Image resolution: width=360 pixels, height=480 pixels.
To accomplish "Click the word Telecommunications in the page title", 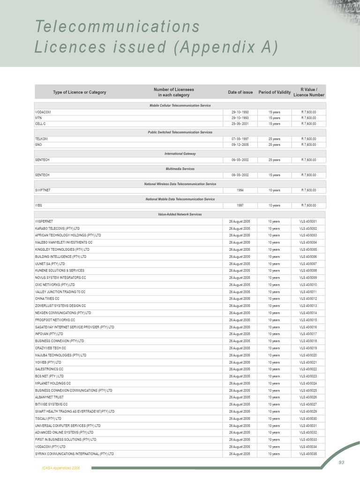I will [x=117, y=27].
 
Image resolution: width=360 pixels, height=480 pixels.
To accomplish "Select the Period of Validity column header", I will [x=274, y=92].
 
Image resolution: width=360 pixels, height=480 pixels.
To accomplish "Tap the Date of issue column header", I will [x=240, y=92].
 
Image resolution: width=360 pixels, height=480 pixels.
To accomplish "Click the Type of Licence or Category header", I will [x=80, y=92].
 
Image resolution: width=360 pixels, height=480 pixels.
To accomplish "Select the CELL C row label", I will [x=41, y=124].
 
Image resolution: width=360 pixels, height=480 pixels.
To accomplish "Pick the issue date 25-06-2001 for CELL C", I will [x=240, y=124].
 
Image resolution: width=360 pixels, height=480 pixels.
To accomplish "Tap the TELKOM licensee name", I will [x=42, y=139].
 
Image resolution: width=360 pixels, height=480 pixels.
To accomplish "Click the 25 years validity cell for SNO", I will [x=274, y=145].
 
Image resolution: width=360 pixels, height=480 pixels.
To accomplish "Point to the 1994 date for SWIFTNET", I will [x=240, y=190].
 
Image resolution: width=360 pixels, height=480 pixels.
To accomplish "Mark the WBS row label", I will [x=39, y=205].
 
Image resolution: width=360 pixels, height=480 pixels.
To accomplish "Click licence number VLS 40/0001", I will [x=308, y=221].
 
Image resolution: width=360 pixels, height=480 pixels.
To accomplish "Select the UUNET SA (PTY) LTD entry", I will [x=50, y=264].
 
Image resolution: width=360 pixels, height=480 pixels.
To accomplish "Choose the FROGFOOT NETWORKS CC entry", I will [x=55, y=320].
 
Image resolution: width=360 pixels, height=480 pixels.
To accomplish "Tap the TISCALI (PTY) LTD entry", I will [x=48, y=419].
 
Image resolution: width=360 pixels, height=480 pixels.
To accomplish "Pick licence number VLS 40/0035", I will [x=308, y=454].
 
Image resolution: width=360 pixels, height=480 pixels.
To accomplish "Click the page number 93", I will [x=341, y=462].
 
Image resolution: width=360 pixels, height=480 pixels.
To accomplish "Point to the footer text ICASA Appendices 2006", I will [x=61, y=468].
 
